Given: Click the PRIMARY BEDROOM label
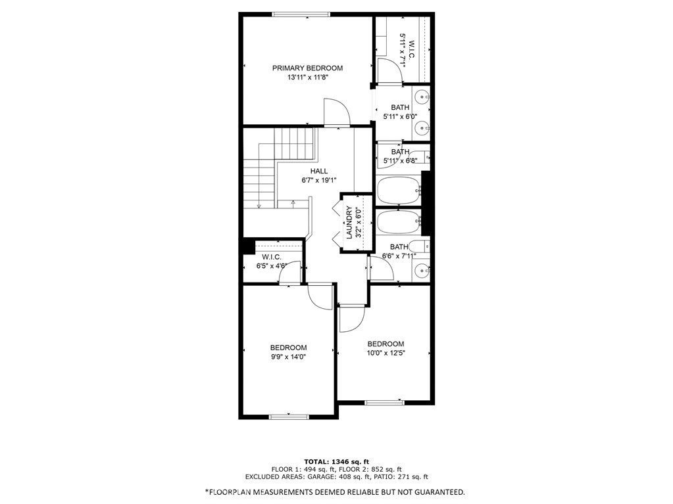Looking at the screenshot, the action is [x=307, y=68].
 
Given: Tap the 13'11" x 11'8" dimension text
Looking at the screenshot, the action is [x=308, y=78].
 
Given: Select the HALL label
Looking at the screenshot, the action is [x=319, y=171].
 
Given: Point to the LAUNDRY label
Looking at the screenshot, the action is [x=349, y=222].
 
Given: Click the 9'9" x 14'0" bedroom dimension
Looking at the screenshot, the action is [x=288, y=357].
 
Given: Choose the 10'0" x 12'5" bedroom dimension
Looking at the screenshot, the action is [x=386, y=353].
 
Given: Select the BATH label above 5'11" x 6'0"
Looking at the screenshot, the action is [x=400, y=108].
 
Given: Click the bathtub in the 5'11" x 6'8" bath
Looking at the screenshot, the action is [x=398, y=191].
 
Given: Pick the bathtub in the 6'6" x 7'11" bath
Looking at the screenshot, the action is [x=398, y=221].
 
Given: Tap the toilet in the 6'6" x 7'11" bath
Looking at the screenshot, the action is [x=419, y=246].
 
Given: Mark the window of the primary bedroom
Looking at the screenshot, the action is [x=301, y=14].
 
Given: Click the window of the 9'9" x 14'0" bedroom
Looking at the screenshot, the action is [x=289, y=417].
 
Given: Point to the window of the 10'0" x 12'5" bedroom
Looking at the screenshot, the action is [x=384, y=402].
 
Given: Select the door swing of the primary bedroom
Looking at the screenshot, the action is [x=337, y=112].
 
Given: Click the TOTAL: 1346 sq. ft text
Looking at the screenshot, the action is [x=337, y=461].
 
